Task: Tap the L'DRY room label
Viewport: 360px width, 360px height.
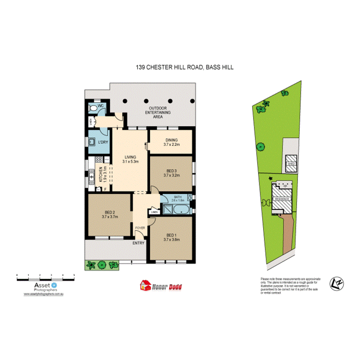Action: (x=103, y=143)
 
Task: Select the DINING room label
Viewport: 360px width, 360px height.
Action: (x=171, y=140)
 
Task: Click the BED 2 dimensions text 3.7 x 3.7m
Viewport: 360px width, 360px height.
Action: (x=110, y=217)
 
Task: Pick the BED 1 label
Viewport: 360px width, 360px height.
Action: (x=171, y=235)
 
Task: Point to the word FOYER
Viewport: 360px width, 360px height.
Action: (x=140, y=228)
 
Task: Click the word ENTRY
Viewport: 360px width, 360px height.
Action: (x=138, y=243)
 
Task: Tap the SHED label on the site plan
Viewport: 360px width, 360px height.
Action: (x=291, y=164)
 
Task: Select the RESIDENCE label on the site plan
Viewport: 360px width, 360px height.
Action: (x=281, y=199)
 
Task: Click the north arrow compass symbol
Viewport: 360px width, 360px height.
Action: (x=336, y=284)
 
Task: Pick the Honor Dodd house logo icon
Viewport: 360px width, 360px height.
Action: (x=145, y=286)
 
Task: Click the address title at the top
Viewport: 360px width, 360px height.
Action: (x=185, y=67)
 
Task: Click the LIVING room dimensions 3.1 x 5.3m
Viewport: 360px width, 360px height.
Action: (x=131, y=161)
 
